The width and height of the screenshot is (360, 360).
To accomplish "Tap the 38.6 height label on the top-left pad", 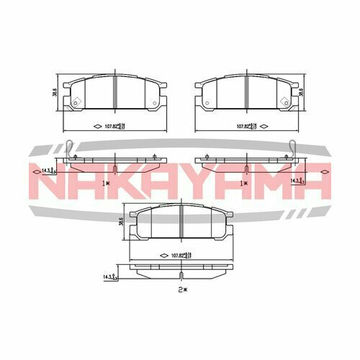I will pos(55,93).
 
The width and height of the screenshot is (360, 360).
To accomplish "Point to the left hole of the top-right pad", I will pos(207,103).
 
